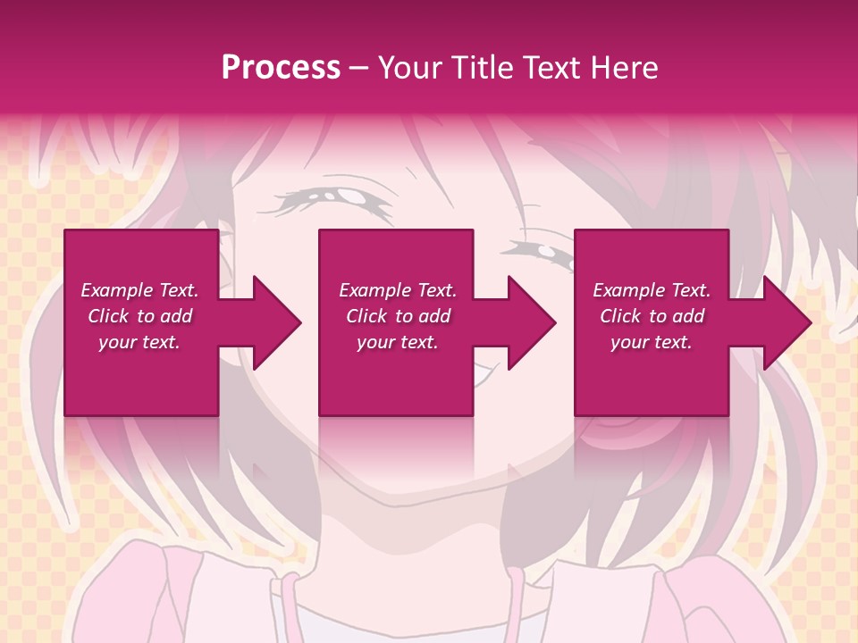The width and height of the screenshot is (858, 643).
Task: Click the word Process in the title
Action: [281, 68]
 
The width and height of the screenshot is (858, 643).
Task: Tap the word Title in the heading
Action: [479, 68]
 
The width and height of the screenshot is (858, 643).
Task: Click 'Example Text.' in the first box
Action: [139, 290]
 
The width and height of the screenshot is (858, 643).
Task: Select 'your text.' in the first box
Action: [139, 342]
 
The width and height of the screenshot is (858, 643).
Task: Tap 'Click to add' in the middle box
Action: [398, 316]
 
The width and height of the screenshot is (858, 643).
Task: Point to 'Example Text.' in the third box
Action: [652, 290]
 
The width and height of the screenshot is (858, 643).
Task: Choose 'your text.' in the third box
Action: [652, 342]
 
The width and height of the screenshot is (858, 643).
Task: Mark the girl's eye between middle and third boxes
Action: [541, 255]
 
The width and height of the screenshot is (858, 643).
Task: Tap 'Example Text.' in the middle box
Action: [398, 290]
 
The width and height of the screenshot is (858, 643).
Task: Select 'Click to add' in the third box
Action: [652, 316]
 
